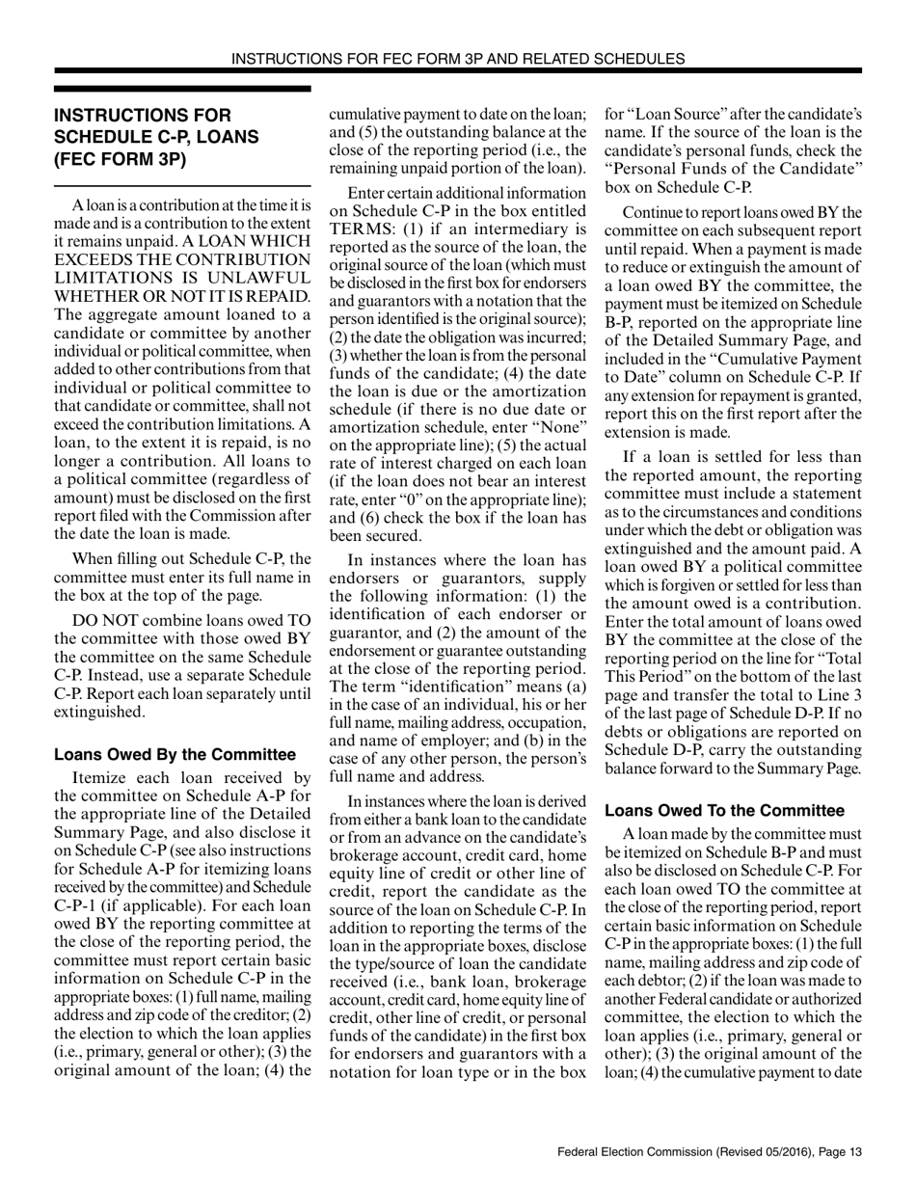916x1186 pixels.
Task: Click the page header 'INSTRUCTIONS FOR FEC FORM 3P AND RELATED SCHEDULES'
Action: click(458, 58)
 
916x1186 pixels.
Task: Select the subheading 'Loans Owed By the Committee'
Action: click(175, 755)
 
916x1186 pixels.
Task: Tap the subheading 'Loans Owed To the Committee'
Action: click(724, 811)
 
